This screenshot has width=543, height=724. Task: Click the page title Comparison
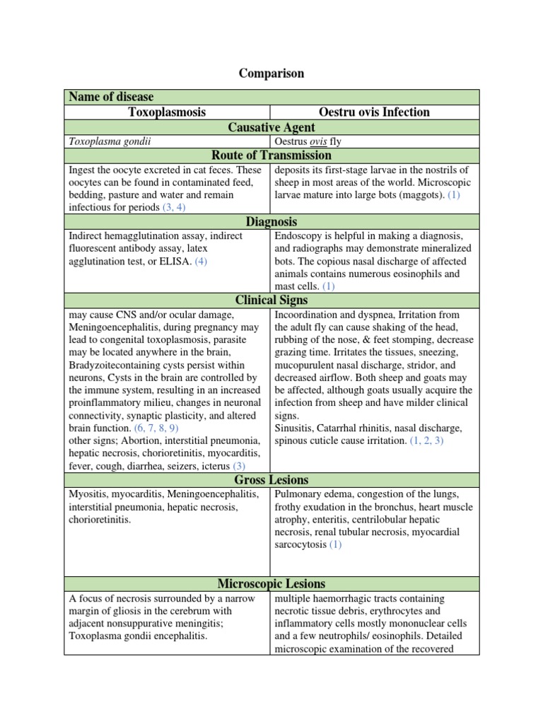(x=271, y=74)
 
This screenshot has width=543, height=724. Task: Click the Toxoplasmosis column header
(x=167, y=112)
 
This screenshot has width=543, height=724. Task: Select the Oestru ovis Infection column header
(x=374, y=112)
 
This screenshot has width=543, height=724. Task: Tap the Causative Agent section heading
(x=271, y=127)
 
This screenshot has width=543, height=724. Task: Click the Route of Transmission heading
(x=271, y=156)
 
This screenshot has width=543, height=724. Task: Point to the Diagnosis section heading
(x=271, y=221)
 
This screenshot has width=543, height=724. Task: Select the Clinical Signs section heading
(x=271, y=300)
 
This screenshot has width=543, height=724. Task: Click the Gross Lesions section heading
(x=271, y=480)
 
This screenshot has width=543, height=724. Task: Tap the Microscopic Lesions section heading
(x=271, y=583)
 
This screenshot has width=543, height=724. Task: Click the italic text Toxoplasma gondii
(x=110, y=141)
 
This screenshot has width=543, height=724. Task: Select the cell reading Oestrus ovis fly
(x=308, y=141)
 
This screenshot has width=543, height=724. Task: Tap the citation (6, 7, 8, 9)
(x=156, y=428)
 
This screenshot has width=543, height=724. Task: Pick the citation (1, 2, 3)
(x=426, y=440)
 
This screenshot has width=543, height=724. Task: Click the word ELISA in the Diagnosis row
(x=177, y=261)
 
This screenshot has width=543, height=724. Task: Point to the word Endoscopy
(x=299, y=235)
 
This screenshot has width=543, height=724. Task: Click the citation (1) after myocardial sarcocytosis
(x=334, y=544)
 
